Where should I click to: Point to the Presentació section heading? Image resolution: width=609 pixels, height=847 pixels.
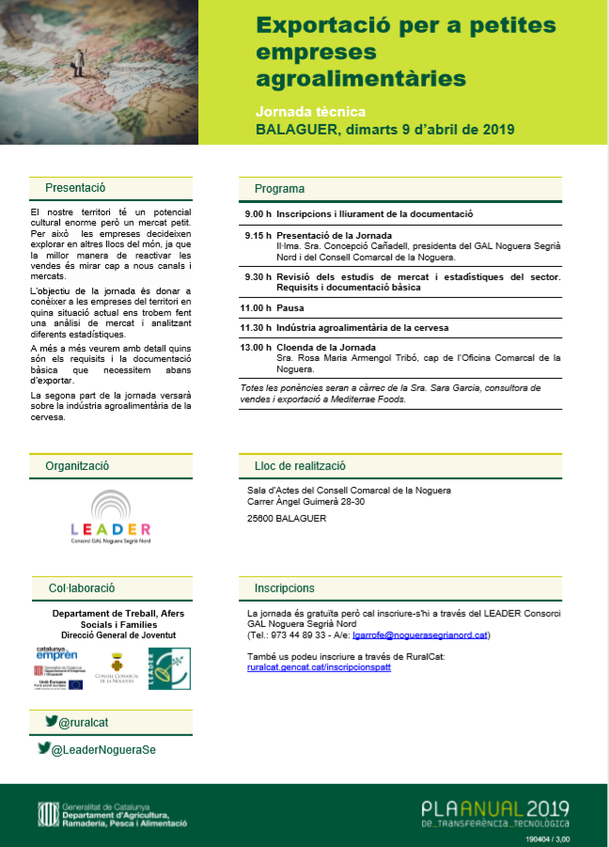click(x=75, y=188)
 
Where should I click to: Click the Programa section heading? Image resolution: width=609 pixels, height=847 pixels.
click(x=279, y=189)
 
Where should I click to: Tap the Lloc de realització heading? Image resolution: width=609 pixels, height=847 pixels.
click(x=300, y=465)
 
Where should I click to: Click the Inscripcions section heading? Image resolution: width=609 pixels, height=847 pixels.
click(x=284, y=588)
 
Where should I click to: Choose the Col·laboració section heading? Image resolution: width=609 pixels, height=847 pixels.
click(x=81, y=588)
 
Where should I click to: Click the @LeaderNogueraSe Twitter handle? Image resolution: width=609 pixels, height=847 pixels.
click(x=98, y=748)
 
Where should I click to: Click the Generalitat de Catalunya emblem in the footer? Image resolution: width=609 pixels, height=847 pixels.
click(x=45, y=813)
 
